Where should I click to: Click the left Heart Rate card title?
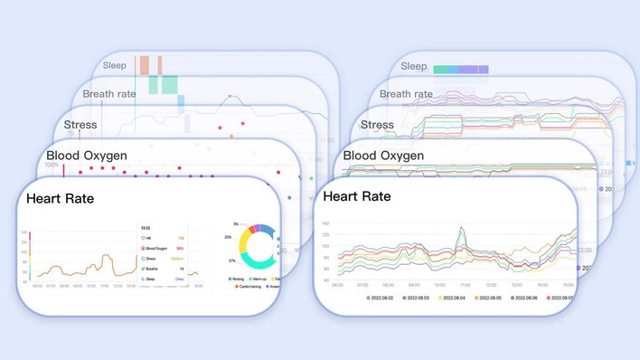pyautogui.click(x=61, y=199)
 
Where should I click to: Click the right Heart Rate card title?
pyautogui.click(x=357, y=196)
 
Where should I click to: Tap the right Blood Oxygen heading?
pyautogui.click(x=383, y=156)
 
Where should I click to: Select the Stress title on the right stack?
pyautogui.click(x=377, y=125)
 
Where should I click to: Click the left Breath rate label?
pyautogui.click(x=109, y=93)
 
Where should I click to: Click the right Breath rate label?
pyautogui.click(x=406, y=93)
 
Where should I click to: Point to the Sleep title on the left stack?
pyautogui.click(x=115, y=65)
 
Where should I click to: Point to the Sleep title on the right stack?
pyautogui.click(x=413, y=66)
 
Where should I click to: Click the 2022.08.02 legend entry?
pyautogui.click(x=384, y=297)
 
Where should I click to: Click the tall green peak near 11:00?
pyautogui.click(x=462, y=229)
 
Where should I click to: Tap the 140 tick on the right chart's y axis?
pyautogui.click(x=325, y=223)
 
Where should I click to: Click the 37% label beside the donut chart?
pyautogui.click(x=232, y=261)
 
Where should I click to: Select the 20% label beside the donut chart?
pyautogui.click(x=228, y=238)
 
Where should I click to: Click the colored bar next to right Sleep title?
pyautogui.click(x=460, y=69)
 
